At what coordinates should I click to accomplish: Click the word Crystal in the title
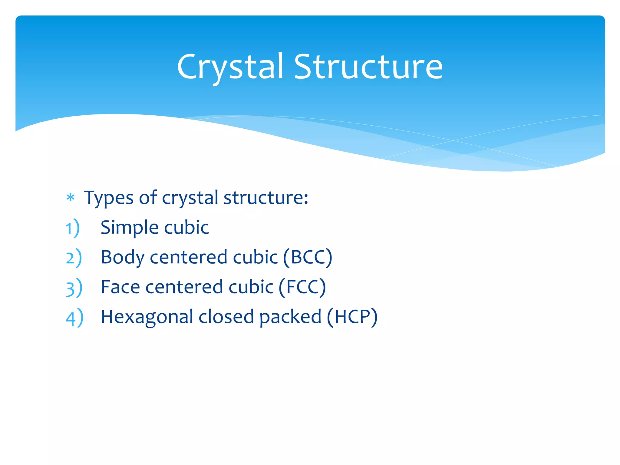(x=230, y=67)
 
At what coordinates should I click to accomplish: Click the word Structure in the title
(x=368, y=67)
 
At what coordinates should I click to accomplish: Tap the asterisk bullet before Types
(x=71, y=198)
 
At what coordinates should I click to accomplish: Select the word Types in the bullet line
(x=109, y=198)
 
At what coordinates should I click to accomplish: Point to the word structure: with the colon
(x=266, y=198)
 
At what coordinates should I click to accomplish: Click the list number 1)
(x=73, y=228)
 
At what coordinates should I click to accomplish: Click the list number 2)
(x=74, y=258)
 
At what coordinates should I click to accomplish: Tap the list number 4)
(x=74, y=318)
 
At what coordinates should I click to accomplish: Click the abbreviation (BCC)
(x=308, y=257)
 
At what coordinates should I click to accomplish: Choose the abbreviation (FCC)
(x=302, y=287)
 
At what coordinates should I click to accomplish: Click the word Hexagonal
(x=147, y=317)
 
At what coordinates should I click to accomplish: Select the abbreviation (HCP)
(x=352, y=317)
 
